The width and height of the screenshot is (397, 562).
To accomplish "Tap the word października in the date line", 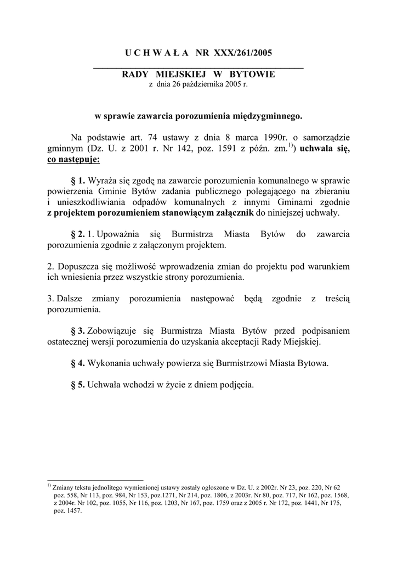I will pyautogui.click(x=203, y=84).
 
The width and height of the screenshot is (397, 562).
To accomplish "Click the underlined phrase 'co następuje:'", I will pyautogui.click(x=73, y=160).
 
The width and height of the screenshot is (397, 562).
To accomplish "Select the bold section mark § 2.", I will pyautogui.click(x=78, y=234).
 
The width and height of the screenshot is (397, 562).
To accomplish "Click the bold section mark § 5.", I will pyautogui.click(x=78, y=385).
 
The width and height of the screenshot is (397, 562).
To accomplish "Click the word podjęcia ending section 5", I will pyautogui.click(x=236, y=385).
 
